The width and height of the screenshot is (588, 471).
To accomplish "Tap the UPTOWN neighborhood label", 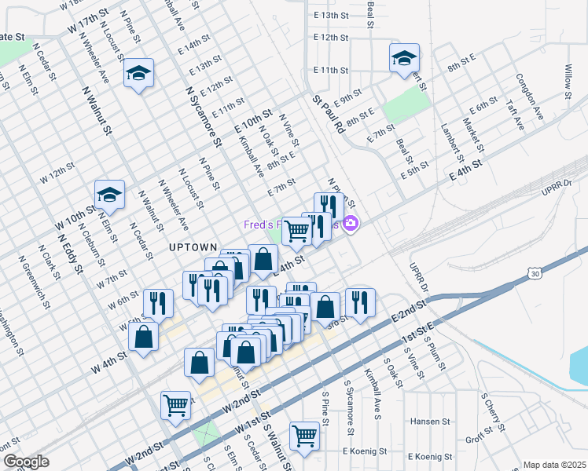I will click(191, 246).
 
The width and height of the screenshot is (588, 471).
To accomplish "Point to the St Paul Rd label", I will click(329, 113).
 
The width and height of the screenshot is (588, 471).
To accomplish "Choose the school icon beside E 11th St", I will click(404, 59).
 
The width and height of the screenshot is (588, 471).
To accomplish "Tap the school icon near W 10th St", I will click(109, 195).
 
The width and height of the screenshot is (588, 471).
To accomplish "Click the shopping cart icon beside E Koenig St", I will click(303, 434).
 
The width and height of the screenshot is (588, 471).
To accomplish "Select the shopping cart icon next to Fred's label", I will click(296, 230).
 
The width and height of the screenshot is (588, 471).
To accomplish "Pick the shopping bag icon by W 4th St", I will click(144, 338).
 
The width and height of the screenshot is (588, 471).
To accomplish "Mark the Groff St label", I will click(479, 438).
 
